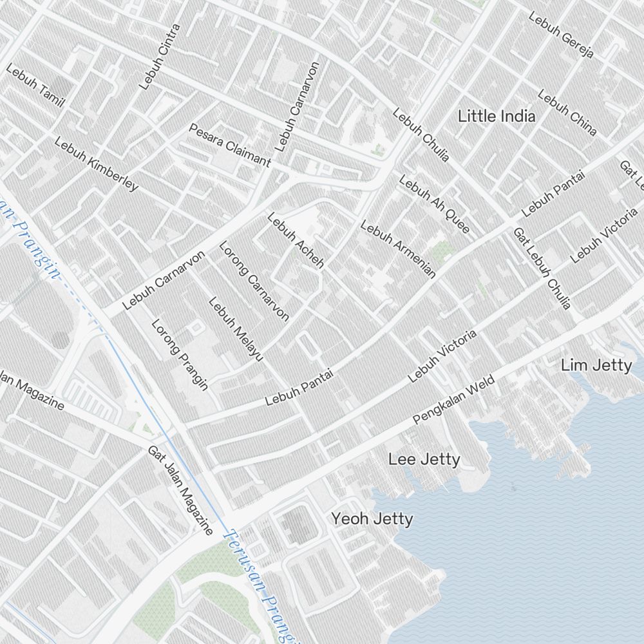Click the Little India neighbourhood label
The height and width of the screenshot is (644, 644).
tap(496, 117)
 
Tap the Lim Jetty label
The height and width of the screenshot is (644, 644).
tap(596, 366)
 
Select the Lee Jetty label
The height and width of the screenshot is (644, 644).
tap(424, 459)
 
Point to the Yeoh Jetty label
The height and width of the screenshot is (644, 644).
tap(372, 518)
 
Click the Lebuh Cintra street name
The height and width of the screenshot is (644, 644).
tap(160, 57)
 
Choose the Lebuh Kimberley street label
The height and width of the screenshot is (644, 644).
tap(96, 164)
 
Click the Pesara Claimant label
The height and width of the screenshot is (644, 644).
tap(229, 145)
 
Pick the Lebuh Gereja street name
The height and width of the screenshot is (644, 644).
tap(560, 35)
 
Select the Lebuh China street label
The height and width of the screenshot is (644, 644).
tap(567, 113)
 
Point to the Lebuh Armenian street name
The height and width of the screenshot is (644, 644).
tap(397, 249)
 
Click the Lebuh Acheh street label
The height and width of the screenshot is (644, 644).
tap(296, 240)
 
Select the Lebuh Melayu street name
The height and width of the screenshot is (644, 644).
tap(236, 328)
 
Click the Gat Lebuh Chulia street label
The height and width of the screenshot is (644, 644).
tap(542, 268)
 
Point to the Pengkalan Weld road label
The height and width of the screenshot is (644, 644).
tap(453, 401)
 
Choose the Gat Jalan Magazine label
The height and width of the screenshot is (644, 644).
tap(180, 490)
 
